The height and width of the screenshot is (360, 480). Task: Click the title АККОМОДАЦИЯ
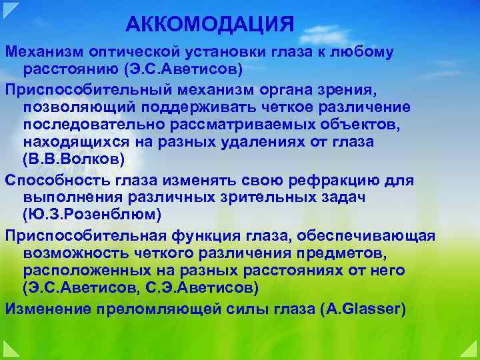pyautogui.click(x=209, y=25)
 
